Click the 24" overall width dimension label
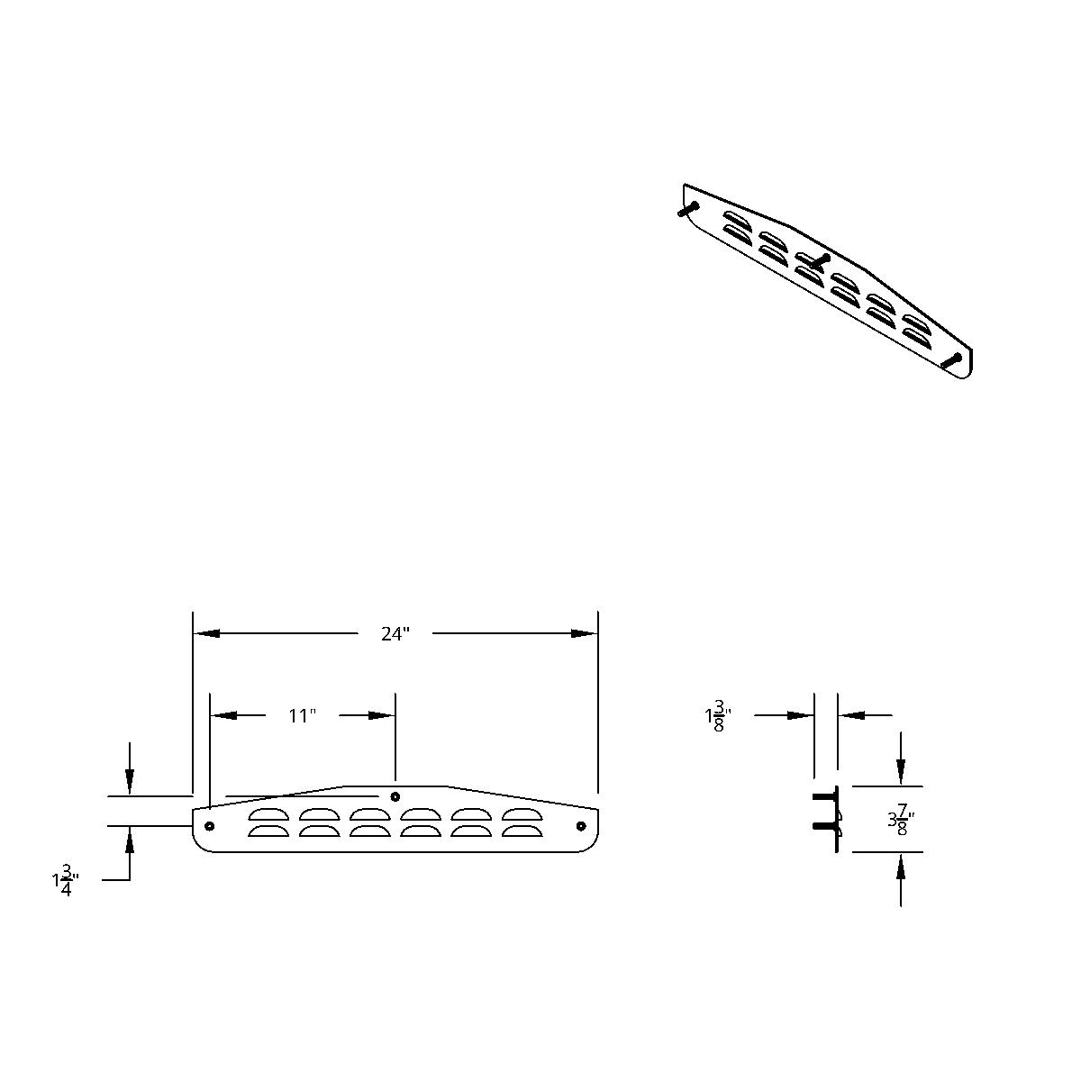395,634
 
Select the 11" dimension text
303,716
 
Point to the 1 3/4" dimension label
66,881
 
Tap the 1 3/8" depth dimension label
717,717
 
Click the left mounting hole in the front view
210,826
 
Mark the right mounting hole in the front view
580,826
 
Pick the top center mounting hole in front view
395,796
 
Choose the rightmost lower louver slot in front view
521,831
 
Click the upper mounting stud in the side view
824,797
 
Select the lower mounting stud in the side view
824,826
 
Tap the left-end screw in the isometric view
687,209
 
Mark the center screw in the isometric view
818,259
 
